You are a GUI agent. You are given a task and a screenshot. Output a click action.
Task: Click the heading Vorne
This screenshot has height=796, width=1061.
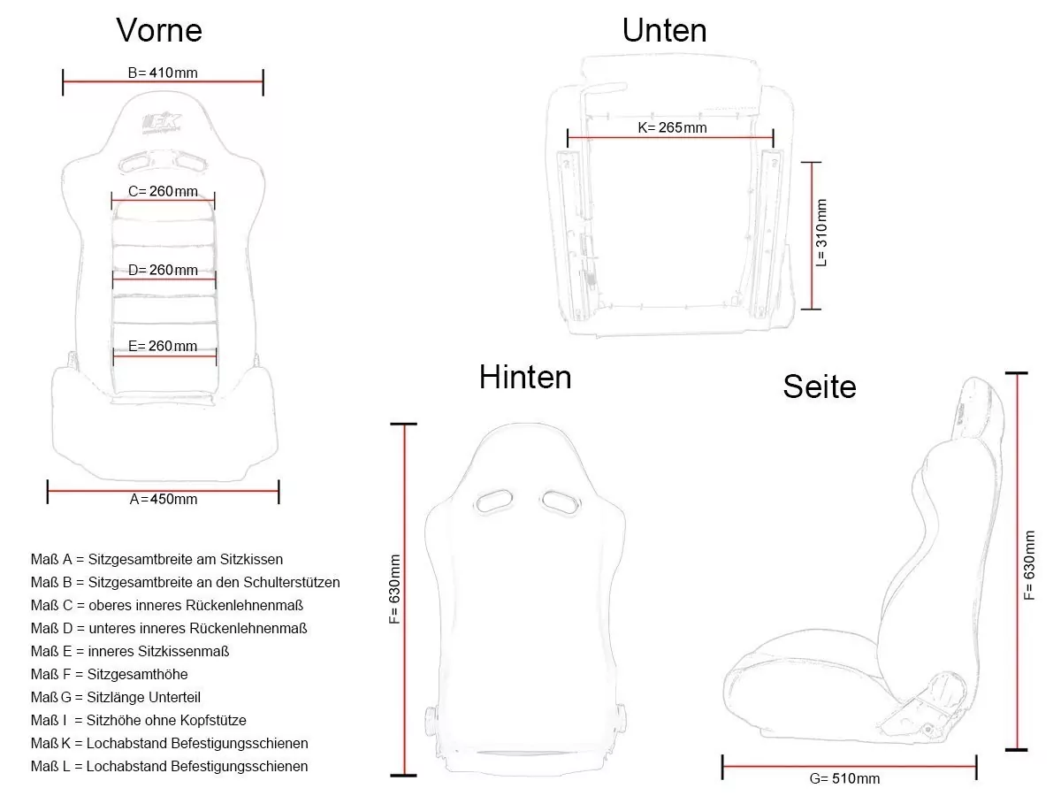(x=159, y=30)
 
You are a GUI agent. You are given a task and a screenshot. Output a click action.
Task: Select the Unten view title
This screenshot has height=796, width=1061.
(x=664, y=30)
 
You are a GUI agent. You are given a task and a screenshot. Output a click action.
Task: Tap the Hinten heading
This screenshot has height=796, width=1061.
(x=525, y=377)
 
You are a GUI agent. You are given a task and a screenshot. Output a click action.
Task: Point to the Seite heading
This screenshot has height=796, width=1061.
(x=820, y=387)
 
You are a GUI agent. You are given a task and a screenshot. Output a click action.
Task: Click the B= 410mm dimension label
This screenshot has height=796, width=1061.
(x=163, y=73)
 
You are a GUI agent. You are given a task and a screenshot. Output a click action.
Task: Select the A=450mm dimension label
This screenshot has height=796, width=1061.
(x=164, y=499)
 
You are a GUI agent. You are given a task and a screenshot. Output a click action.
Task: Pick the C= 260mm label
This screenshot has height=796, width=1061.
(x=163, y=191)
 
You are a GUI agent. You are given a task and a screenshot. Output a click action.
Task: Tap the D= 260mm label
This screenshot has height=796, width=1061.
(x=163, y=270)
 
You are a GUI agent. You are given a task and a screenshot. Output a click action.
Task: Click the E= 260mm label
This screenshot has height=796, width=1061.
(x=163, y=346)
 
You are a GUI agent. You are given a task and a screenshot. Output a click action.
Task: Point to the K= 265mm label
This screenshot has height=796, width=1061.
(x=672, y=127)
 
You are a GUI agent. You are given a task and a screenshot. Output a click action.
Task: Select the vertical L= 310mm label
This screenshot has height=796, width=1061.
(x=821, y=233)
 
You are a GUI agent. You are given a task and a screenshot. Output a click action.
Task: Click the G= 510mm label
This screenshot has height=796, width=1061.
(x=844, y=778)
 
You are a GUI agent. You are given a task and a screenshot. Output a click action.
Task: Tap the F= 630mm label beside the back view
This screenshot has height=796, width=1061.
(x=394, y=589)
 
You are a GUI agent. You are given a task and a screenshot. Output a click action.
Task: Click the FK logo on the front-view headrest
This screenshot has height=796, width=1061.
(x=163, y=123)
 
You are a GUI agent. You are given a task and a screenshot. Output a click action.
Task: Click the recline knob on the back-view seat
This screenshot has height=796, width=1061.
(x=431, y=722)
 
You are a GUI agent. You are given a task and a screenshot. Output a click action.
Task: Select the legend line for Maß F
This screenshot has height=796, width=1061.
(x=110, y=674)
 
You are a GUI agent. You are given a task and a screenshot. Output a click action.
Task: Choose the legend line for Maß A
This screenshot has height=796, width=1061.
(x=156, y=559)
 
